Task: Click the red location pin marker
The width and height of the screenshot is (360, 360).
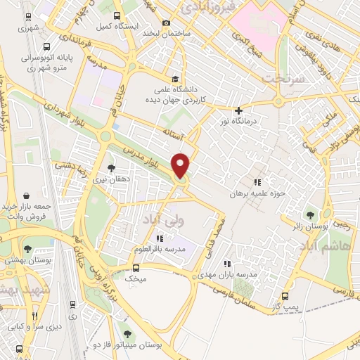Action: tap(181, 165)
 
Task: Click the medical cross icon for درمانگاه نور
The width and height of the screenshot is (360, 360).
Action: tap(239, 110)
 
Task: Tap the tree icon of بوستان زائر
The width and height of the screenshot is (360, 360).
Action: tap(309, 214)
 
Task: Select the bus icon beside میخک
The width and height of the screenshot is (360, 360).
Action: tap(136, 267)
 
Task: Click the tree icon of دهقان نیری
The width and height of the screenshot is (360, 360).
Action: tap(111, 167)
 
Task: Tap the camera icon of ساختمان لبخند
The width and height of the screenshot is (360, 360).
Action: tap(167, 22)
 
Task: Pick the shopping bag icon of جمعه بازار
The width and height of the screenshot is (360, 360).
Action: tap(27, 195)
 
